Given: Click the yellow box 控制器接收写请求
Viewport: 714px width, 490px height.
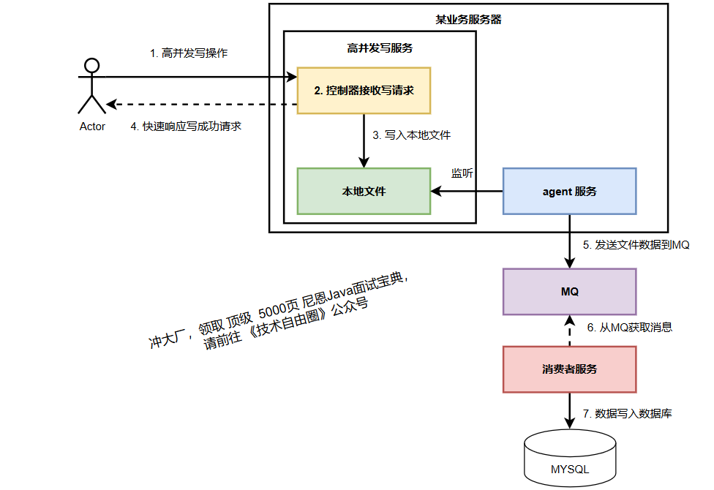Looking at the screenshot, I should [x=364, y=91].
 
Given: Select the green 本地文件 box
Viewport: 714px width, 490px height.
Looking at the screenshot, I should [x=364, y=192].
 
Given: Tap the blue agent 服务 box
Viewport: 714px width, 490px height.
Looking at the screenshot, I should [x=569, y=192].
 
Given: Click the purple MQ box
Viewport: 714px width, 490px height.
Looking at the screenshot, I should [x=569, y=292].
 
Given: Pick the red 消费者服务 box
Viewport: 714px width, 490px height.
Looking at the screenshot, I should [x=569, y=369].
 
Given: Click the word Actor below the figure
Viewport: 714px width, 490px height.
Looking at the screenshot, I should [x=92, y=127].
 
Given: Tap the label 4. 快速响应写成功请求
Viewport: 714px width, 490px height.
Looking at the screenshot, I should [x=186, y=126].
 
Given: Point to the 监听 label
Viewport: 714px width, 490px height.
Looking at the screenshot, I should [x=462, y=173].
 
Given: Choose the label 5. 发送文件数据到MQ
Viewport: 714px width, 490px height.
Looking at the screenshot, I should [x=636, y=245].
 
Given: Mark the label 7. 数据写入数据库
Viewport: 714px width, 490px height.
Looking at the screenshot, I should [x=627, y=414].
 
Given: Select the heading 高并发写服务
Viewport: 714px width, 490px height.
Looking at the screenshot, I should [x=380, y=48].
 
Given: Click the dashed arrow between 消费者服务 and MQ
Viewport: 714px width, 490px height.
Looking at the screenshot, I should [x=569, y=331].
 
